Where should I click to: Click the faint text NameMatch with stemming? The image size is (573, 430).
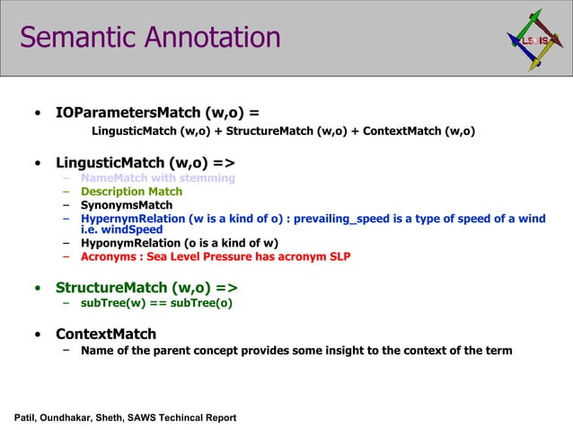157,178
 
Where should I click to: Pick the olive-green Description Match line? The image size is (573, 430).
131,192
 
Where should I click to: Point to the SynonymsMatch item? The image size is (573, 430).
127,205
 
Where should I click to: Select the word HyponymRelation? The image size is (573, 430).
130,243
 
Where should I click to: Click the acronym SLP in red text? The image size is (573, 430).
339,256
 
